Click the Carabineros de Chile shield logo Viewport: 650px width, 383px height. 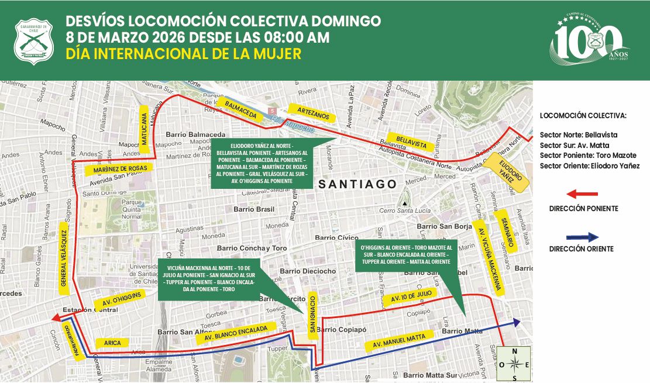(x=34, y=40)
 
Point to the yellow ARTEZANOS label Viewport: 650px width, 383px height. (x=309, y=112)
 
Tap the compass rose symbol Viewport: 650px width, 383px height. (x=515, y=364)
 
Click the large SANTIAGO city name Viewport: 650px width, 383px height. (x=357, y=184)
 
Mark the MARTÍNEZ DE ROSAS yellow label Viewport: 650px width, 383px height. (x=119, y=168)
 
